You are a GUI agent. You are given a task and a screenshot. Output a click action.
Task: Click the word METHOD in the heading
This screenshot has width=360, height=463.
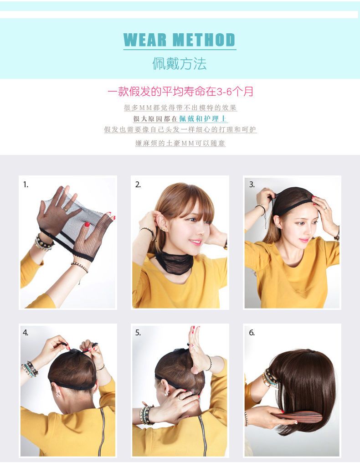(204, 40)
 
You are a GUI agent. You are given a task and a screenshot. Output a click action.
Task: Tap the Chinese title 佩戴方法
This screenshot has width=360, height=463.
(180, 63)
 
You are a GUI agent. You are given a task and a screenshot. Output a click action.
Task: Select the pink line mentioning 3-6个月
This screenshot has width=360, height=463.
(180, 92)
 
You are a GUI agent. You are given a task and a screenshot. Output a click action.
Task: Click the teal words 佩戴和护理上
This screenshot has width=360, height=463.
(203, 118)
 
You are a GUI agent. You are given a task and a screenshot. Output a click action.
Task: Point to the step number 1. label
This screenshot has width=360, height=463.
(26, 185)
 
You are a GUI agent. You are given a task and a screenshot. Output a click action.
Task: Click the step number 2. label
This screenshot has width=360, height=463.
(138, 185)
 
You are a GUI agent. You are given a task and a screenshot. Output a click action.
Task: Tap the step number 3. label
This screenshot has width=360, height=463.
(252, 185)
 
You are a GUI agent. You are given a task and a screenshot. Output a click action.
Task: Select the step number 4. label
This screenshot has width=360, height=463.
(26, 333)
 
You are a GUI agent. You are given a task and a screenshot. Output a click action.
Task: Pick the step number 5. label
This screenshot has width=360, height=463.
(138, 333)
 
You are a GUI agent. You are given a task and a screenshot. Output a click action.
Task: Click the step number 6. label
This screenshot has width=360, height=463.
(252, 333)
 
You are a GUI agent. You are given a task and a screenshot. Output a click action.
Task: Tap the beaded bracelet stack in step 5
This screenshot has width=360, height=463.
(146, 415)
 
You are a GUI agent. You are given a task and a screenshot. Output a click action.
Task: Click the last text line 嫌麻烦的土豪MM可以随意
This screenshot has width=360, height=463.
(180, 143)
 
